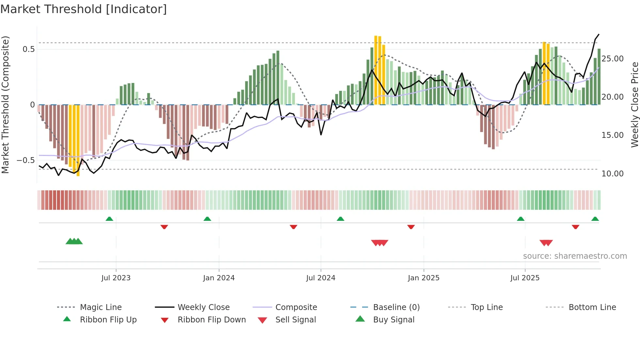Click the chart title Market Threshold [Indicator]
point(84,9)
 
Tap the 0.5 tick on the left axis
point(28,49)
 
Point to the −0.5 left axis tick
point(26,160)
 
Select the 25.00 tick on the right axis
point(612,59)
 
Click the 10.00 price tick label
point(612,174)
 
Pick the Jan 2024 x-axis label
point(219,278)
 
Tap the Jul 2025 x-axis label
point(525,278)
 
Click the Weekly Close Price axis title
point(634,105)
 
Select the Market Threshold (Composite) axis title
point(5,105)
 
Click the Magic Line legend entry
point(101,307)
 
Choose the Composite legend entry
point(296,307)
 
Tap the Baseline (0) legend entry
point(396,307)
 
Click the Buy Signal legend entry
point(393,320)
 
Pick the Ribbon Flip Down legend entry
point(211,320)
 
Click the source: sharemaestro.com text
point(575,256)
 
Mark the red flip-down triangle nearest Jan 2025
point(411,227)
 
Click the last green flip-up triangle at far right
point(595,219)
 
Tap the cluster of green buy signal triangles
point(74,241)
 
